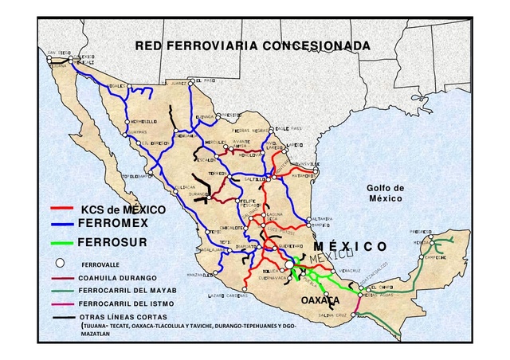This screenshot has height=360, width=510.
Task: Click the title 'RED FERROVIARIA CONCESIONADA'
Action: click(253, 45)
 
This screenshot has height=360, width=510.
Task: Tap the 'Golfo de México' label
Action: click(385, 193)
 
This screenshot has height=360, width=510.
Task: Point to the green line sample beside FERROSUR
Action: click(64, 241)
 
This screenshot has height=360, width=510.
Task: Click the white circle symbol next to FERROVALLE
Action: click(59, 262)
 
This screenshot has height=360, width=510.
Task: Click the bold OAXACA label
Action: click(321, 300)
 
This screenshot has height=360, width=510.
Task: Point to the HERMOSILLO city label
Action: click(143, 122)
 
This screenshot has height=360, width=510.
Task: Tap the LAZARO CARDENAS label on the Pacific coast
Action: click(228, 295)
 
